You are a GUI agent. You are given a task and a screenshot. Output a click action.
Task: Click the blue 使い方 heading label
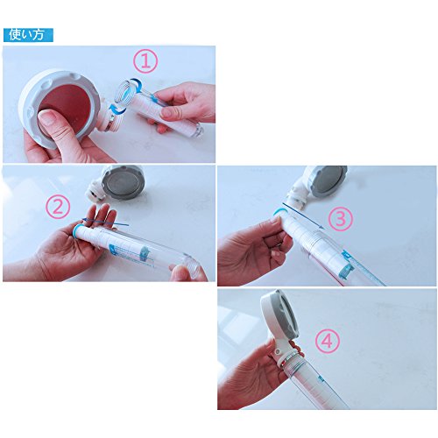(x=28, y=35)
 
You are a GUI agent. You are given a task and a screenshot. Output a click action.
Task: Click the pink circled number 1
(x=145, y=61)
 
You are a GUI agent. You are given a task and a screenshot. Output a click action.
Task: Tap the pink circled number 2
(x=58, y=208)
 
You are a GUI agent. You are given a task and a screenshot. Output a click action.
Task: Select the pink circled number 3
(x=341, y=219)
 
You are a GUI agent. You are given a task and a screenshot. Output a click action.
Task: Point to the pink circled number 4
(x=328, y=341)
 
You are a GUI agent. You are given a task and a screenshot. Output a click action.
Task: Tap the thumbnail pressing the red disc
(x=47, y=118)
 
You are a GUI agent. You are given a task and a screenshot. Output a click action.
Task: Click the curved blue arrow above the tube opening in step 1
(x=136, y=84)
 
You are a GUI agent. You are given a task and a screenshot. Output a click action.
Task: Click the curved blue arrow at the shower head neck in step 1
(x=117, y=110)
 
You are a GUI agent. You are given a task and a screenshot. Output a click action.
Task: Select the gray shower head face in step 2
(x=123, y=183)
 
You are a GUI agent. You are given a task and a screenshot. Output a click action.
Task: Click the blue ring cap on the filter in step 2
(x=77, y=230)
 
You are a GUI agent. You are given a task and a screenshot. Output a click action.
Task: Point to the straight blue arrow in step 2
(x=105, y=222)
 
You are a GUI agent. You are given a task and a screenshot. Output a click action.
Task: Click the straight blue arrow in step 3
(x=304, y=215)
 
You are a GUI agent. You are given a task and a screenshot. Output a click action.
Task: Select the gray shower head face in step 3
(x=328, y=181)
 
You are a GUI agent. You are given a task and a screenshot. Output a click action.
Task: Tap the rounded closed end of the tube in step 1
(x=197, y=131)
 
